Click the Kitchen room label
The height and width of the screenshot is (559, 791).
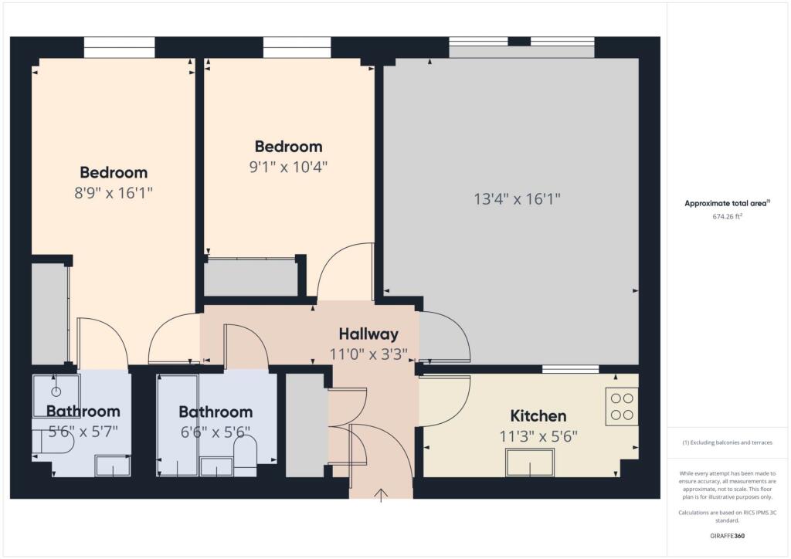[538, 415]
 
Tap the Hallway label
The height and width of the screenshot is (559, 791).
[368, 334]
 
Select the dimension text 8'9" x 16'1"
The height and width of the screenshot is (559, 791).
[114, 193]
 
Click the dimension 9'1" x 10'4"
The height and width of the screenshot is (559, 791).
[288, 167]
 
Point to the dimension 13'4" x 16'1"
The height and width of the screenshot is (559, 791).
[516, 199]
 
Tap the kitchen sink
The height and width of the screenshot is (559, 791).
[529, 462]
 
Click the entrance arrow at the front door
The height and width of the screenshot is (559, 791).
[381, 495]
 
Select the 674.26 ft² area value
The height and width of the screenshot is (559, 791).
[727, 217]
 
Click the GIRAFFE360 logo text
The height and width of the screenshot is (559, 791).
[727, 535]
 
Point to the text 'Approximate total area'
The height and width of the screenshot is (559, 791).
[725, 204]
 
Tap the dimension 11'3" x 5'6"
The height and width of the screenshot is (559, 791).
[538, 436]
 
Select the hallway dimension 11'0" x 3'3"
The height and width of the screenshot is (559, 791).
[368, 355]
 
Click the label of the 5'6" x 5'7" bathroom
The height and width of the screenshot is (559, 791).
[83, 411]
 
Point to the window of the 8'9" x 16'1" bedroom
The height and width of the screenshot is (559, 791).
[119, 47]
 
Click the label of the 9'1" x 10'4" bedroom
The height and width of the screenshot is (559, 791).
[288, 147]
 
